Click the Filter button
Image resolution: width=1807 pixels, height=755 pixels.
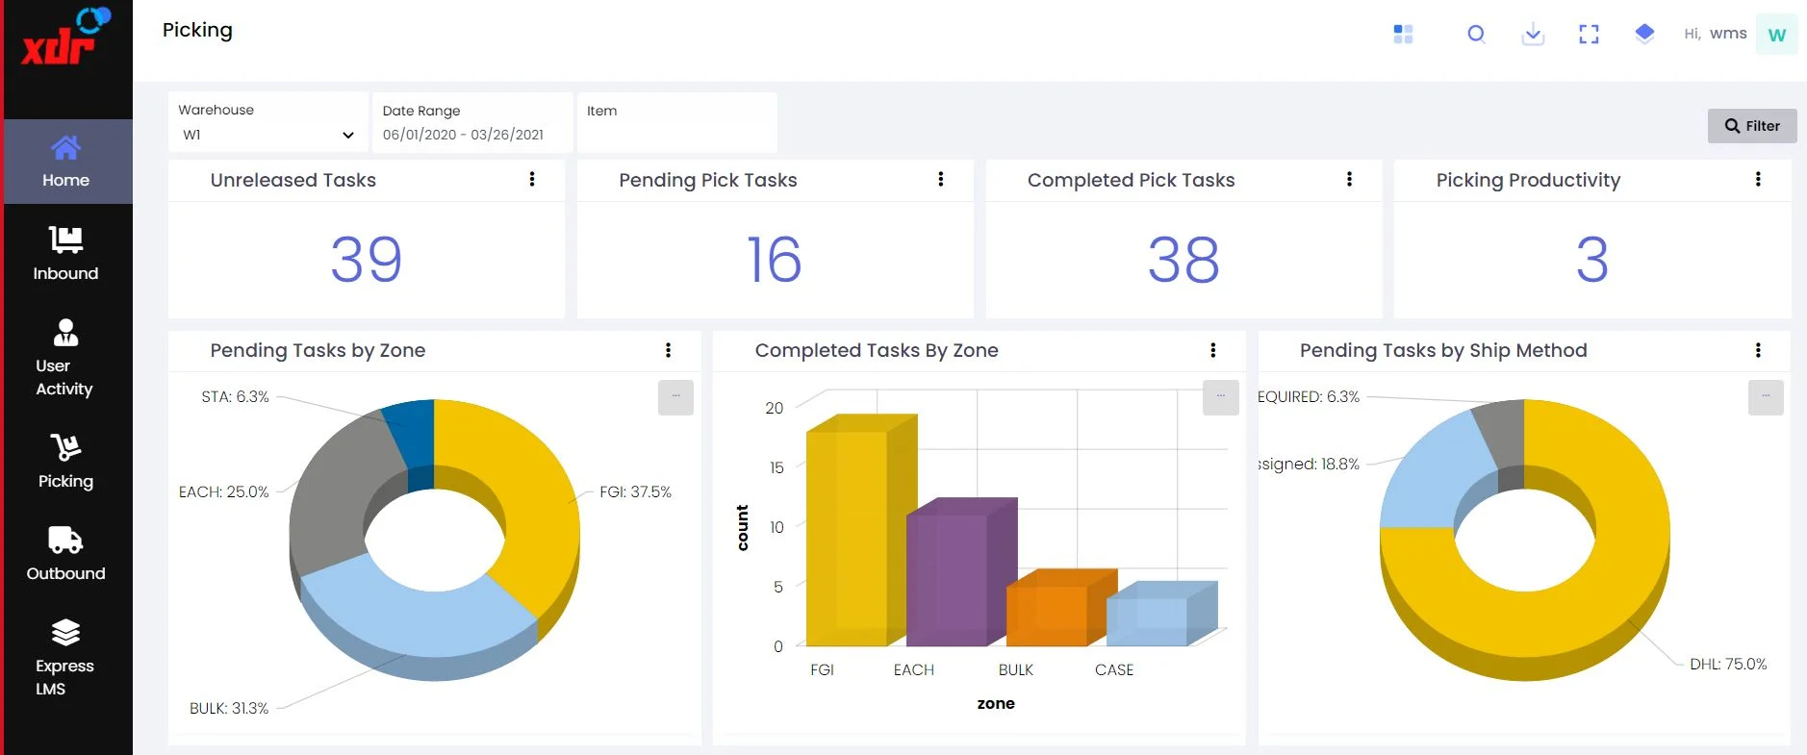1752,126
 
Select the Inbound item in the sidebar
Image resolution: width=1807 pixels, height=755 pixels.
65,253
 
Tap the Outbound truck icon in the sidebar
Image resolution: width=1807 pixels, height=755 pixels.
65,540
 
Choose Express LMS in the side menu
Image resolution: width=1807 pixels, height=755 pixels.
65,659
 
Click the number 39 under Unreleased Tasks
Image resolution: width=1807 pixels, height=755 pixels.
366,260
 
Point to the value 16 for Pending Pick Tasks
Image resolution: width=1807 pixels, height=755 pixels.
775,260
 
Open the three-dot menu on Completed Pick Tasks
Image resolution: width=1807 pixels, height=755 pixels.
1349,179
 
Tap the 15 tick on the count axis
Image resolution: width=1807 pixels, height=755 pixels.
776,467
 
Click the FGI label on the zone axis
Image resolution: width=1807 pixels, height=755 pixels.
822,669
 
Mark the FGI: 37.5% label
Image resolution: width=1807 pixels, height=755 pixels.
635,491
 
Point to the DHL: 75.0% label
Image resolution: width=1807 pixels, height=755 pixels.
1728,664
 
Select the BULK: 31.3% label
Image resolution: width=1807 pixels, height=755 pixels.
229,708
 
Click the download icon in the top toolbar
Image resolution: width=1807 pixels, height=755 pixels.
1533,35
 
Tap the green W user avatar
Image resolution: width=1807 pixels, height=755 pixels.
1776,35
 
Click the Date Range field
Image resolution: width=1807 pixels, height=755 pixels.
472,122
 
